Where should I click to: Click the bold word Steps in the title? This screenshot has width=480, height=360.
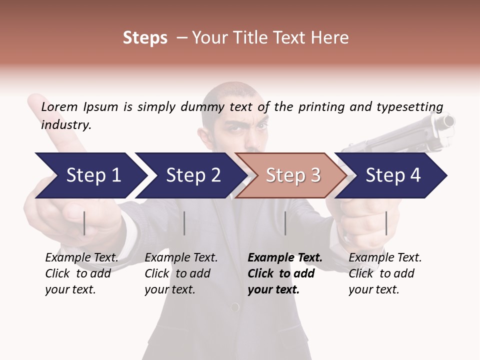(145, 38)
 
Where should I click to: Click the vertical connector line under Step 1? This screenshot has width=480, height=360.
(84, 223)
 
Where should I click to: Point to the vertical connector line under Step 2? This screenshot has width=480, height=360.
(184, 223)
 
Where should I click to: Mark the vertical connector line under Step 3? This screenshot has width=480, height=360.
(285, 223)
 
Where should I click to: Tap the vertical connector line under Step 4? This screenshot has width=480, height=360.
(386, 223)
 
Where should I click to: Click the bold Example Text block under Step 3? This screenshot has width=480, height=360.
(285, 273)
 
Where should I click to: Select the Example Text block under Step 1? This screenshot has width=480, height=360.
(81, 273)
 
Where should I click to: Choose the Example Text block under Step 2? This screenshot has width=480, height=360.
(181, 273)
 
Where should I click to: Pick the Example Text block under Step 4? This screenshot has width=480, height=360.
(385, 273)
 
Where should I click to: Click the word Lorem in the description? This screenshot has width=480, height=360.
(59, 106)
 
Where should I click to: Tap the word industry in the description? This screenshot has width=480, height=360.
(66, 125)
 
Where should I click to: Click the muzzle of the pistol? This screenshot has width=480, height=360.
(448, 121)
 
